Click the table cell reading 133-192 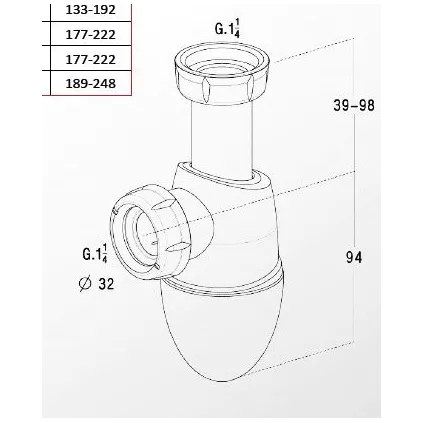pos(91,10)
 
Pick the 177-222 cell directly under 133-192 pos(91,35)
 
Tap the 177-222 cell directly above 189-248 pos(91,59)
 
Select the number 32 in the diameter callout pos(105,284)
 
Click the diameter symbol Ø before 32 pos(84,284)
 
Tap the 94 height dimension pos(353,257)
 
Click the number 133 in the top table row pos(78,10)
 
